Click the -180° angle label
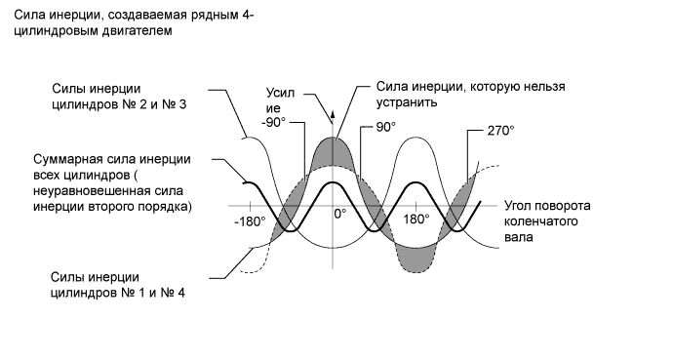(250, 220)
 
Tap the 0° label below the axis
(339, 213)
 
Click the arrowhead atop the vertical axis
(334, 115)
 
